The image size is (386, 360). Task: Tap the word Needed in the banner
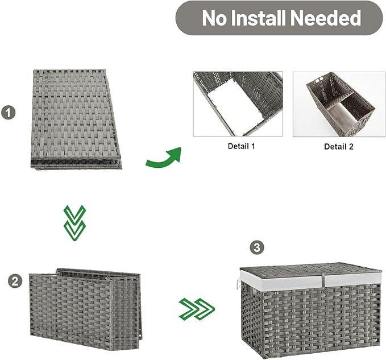pyautogui.click(x=326, y=18)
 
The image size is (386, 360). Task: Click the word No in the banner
pyautogui.click(x=214, y=18)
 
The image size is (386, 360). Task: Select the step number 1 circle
pyautogui.click(x=9, y=113)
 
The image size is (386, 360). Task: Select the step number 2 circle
pyautogui.click(x=15, y=281)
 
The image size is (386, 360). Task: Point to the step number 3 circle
pyautogui.click(x=257, y=247)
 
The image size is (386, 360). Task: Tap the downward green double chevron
pyautogui.click(x=75, y=223)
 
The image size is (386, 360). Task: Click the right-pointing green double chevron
pyautogui.click(x=197, y=309)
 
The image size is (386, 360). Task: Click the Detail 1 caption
pyautogui.click(x=241, y=146)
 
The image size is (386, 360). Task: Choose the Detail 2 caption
pyautogui.click(x=339, y=147)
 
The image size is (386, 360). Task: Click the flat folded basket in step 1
pyautogui.click(x=76, y=119)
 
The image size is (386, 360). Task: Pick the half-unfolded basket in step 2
pyautogui.click(x=85, y=309)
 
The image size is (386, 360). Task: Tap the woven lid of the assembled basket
pyautogui.click(x=310, y=270)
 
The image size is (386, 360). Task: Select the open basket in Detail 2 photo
pyautogui.click(x=341, y=103)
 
